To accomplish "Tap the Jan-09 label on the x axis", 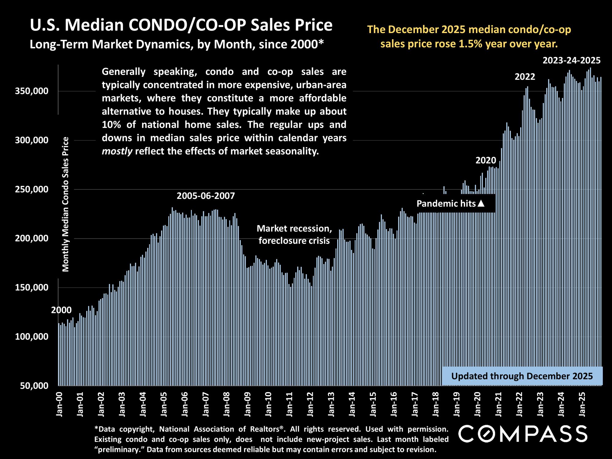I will (248, 404).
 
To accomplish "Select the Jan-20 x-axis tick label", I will (478, 404).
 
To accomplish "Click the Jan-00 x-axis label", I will (59, 404).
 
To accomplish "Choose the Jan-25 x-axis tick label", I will (582, 404).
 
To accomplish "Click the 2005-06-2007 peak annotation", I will (206, 196).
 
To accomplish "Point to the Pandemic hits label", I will (446, 203).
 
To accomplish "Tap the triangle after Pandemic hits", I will (481, 203).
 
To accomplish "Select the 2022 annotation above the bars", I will (525, 76).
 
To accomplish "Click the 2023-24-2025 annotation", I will (571, 61).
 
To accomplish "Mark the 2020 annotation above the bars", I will (486, 160).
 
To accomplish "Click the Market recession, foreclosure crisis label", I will (294, 234).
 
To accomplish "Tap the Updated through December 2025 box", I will (522, 376).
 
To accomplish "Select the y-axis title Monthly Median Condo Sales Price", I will (66, 204).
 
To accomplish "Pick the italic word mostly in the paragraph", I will (117, 151).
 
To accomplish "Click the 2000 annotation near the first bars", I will (61, 310).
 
